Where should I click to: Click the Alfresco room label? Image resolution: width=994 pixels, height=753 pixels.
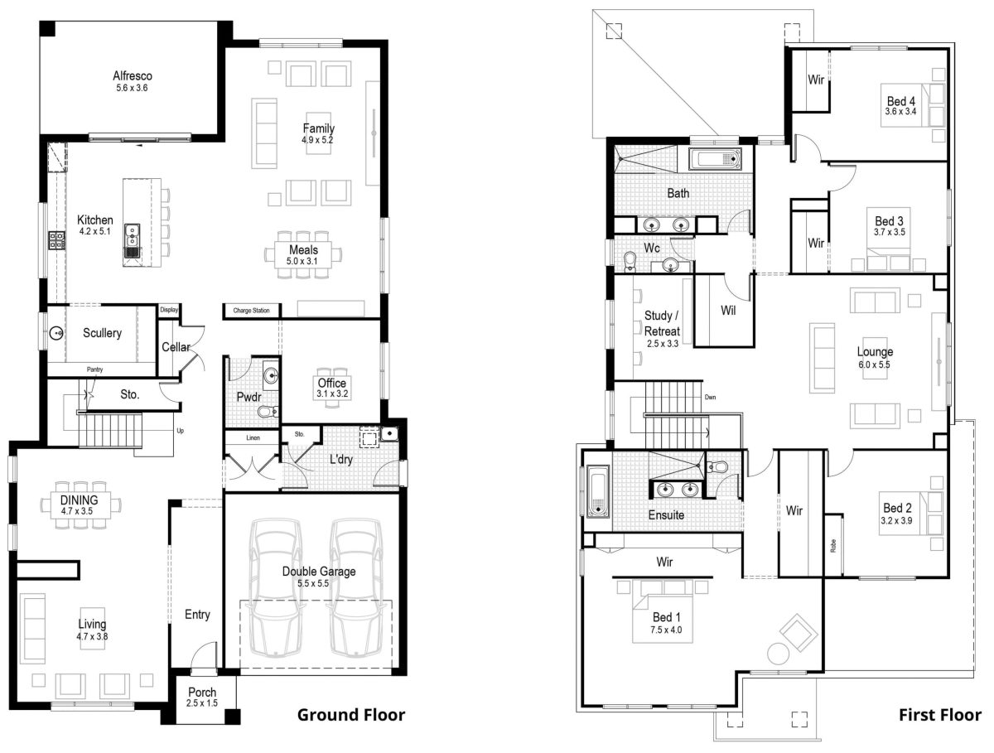[133, 76]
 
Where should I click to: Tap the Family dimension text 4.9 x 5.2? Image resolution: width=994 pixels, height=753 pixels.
[318, 141]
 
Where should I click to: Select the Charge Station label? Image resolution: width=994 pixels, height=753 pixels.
[251, 311]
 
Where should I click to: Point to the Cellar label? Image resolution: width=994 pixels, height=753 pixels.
[176, 347]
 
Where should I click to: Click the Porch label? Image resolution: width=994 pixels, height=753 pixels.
[202, 693]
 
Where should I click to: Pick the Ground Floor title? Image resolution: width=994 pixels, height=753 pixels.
[351, 714]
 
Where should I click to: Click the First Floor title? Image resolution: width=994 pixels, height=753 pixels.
[940, 714]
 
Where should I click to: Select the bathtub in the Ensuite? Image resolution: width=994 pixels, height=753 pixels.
[597, 491]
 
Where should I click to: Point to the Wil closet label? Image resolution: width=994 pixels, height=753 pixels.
[728, 311]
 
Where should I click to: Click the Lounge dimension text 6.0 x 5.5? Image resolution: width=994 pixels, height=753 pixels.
[874, 364]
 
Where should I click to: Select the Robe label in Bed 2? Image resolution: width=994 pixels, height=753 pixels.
[832, 546]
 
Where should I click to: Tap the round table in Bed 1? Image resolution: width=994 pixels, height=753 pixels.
[779, 654]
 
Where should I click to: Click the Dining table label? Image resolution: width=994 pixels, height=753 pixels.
[80, 500]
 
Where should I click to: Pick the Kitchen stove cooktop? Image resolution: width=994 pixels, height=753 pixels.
[57, 240]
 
